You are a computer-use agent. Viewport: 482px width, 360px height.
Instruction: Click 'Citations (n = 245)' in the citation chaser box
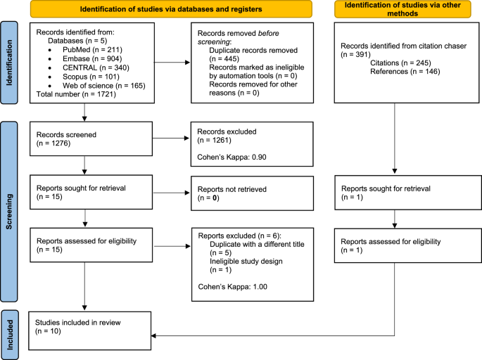[400, 63]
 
